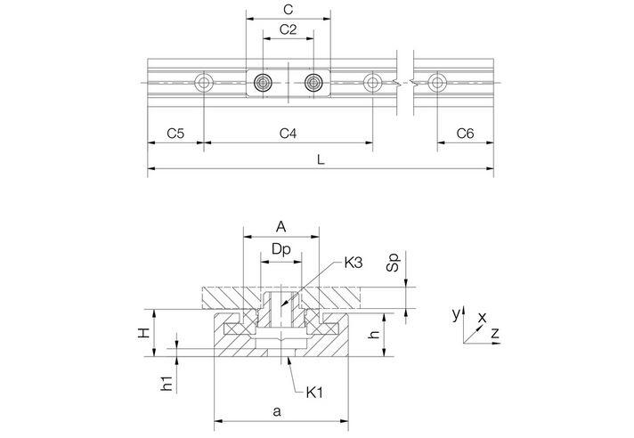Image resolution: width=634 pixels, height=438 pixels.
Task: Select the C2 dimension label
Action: [x=288, y=29]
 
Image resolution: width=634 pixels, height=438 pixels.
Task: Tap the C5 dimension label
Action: [x=175, y=134]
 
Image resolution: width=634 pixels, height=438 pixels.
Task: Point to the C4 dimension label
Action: [x=288, y=134]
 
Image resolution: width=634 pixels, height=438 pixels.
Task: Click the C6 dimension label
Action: [x=465, y=134]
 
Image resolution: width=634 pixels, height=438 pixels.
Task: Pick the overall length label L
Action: [x=321, y=159]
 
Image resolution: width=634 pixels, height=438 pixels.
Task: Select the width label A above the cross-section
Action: [x=281, y=226]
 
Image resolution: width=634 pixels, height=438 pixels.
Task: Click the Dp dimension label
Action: [x=281, y=252]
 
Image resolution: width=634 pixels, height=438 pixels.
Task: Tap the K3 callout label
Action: [x=354, y=264]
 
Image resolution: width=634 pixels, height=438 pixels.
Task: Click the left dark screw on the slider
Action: [x=263, y=83]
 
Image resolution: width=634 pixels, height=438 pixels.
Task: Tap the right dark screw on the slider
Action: [x=313, y=83]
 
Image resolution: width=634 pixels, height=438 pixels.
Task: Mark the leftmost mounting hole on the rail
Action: [x=205, y=83]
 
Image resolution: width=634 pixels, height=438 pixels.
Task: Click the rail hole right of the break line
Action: [x=435, y=83]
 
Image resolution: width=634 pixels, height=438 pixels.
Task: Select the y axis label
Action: [x=454, y=314]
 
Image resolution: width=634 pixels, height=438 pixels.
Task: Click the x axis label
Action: [x=482, y=316]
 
